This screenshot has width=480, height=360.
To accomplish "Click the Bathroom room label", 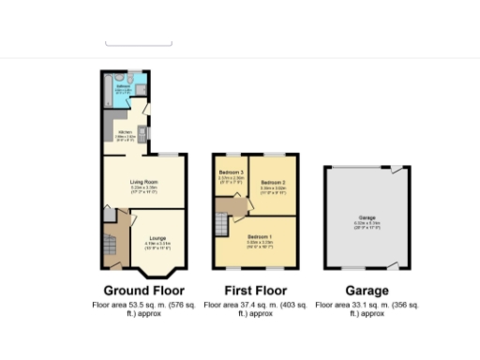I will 123,84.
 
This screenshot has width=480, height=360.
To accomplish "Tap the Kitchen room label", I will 123,131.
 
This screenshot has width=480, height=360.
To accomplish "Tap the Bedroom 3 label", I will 231,172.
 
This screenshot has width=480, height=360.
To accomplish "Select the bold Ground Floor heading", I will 143,291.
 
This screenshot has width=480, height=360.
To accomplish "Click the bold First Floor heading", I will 256,291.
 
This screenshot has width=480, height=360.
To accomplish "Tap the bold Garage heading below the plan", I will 367,291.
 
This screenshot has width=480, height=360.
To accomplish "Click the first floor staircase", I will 222,226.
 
